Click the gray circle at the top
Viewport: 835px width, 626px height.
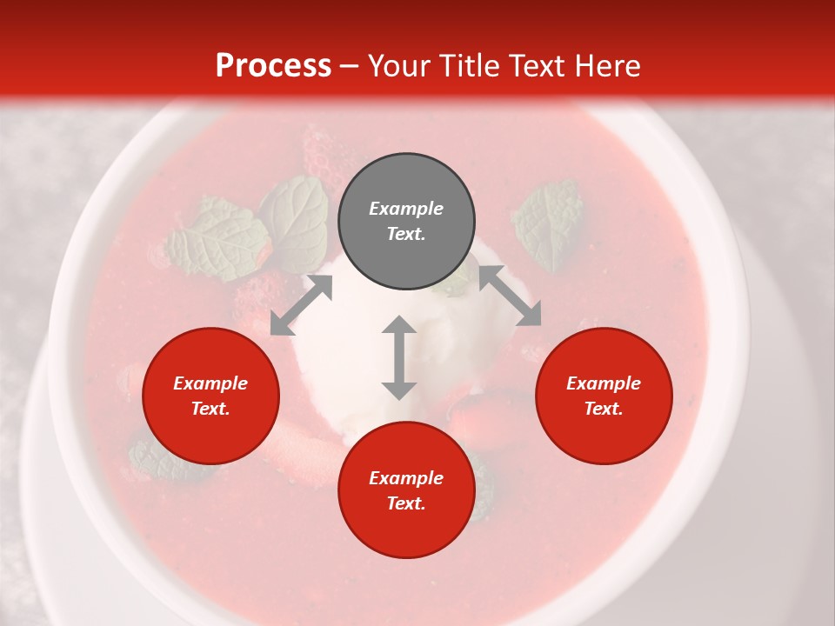click(406, 221)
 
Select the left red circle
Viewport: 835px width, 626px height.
click(210, 396)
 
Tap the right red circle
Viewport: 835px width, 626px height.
click(604, 396)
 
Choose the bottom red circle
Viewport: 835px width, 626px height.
click(406, 490)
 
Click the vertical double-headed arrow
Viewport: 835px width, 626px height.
click(399, 357)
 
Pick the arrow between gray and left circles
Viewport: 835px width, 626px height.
click(301, 305)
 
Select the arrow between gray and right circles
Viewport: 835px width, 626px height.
click(510, 296)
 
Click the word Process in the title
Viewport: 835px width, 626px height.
click(273, 65)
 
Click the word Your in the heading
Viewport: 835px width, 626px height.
click(399, 65)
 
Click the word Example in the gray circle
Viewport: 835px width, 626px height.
click(406, 209)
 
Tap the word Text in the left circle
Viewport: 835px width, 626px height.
click(210, 409)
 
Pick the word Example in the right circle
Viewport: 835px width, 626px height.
click(604, 383)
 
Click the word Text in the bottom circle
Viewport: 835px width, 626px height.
click(406, 503)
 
